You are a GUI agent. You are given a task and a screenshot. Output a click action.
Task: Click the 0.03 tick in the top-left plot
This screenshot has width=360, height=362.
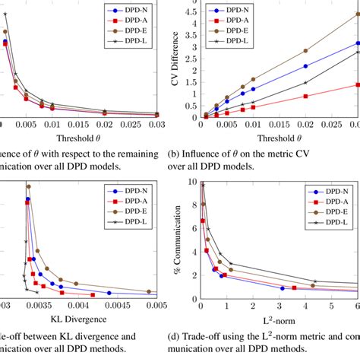pos(156,125)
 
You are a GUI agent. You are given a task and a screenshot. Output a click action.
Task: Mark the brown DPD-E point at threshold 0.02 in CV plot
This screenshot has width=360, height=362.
pos(305,51)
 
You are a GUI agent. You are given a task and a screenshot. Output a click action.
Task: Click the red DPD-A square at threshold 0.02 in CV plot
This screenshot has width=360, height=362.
pos(305,96)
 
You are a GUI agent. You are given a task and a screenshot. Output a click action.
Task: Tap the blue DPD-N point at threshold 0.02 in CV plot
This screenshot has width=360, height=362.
pos(305,66)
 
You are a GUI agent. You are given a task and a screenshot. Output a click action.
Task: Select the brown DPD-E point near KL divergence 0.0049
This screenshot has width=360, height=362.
pos(149,291)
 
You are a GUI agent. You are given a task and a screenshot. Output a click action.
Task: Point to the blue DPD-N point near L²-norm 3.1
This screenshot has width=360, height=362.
pos(282,288)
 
